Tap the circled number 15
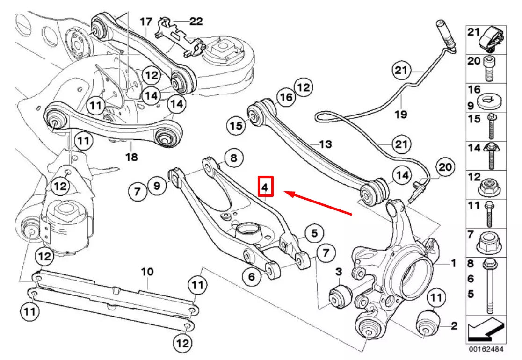(237, 125)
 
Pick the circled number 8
(234, 158)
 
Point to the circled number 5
(314, 232)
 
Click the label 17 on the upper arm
(146, 21)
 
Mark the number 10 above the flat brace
(147, 271)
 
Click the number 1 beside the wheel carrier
(453, 264)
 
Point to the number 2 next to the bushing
(454, 326)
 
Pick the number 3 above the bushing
(339, 272)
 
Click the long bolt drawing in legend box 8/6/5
(489, 286)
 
